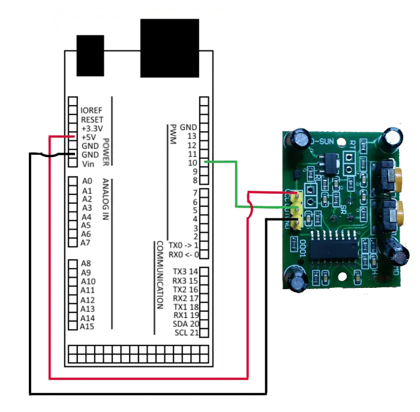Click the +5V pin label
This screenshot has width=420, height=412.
[89, 137]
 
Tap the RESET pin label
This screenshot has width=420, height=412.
[92, 119]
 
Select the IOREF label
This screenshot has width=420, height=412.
[92, 110]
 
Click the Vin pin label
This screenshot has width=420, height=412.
[88, 164]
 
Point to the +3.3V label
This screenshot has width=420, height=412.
[91, 128]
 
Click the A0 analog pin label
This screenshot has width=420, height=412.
[87, 181]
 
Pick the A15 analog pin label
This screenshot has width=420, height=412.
[88, 327]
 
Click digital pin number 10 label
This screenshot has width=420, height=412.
[192, 163]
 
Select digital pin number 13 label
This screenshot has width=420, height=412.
[192, 136]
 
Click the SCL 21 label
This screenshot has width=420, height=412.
[186, 333]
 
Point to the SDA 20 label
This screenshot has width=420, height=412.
[185, 324]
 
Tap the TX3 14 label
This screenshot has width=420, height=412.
[185, 271]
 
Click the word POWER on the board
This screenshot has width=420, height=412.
[106, 152]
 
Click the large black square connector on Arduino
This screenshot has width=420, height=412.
[169, 48]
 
